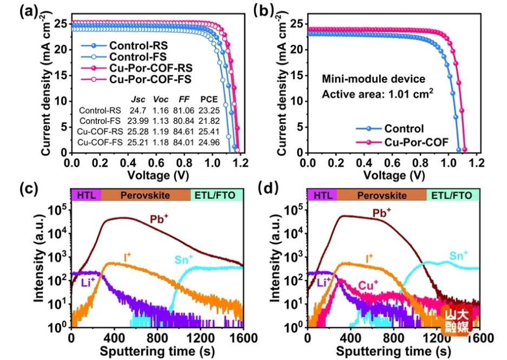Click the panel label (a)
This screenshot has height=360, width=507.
[x=27, y=12]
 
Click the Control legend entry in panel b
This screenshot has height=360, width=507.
[x=404, y=129]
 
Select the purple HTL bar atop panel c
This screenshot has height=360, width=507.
[x=85, y=195]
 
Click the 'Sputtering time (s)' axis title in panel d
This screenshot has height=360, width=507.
[x=393, y=351]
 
